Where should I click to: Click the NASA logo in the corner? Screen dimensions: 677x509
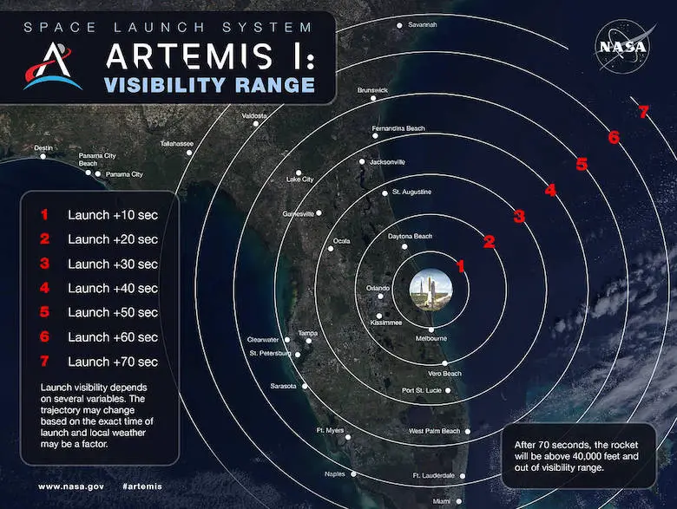tap(622, 47)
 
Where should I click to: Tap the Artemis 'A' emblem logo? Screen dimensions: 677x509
tap(52, 66)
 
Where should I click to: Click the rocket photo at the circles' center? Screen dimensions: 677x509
tap(431, 289)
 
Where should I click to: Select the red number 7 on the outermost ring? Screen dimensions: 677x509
tap(644, 112)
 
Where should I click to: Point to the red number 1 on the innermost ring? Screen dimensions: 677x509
tap(461, 266)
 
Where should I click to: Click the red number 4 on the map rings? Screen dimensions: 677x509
tap(550, 190)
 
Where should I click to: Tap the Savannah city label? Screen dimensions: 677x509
tap(423, 24)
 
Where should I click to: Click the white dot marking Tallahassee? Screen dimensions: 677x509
tap(189, 153)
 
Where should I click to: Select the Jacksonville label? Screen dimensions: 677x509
tap(387, 162)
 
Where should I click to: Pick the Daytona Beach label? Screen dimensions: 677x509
tap(410, 237)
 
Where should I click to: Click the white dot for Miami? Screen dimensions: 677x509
tap(459, 501)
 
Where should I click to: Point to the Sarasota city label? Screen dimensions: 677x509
tap(283, 386)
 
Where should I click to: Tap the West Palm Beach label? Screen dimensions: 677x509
tap(434, 431)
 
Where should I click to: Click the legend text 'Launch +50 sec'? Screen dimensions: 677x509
tap(113, 312)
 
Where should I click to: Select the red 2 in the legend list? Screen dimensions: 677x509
tap(44, 238)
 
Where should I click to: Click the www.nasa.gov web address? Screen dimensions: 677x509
tap(71, 486)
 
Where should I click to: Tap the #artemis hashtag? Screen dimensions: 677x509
tap(142, 486)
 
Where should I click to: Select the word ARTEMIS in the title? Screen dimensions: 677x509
tap(189, 56)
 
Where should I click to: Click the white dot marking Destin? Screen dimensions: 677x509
tap(43, 156)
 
